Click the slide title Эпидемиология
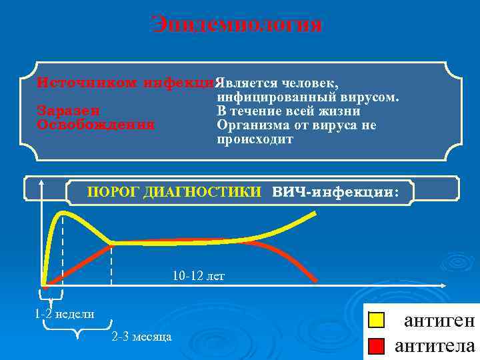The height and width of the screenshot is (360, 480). (237, 25)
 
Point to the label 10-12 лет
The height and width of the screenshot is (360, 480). (199, 275)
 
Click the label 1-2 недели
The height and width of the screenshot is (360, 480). (65, 314)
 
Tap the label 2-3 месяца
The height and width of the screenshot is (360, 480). (141, 337)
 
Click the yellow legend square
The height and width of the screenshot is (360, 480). (377, 321)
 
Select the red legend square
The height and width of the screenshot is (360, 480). (377, 346)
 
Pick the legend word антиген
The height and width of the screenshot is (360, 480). (439, 321)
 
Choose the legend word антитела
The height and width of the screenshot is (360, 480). (435, 346)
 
